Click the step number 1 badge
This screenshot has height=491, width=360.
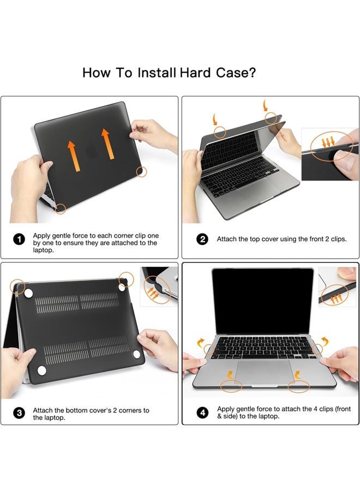click(x=19, y=239)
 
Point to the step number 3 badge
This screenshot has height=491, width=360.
click(x=19, y=413)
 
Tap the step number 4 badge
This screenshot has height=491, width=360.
click(x=202, y=413)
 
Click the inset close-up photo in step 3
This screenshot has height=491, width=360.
click(x=159, y=286)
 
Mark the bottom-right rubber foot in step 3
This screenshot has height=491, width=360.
click(x=136, y=355)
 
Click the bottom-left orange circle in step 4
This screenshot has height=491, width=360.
click(x=232, y=386)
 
